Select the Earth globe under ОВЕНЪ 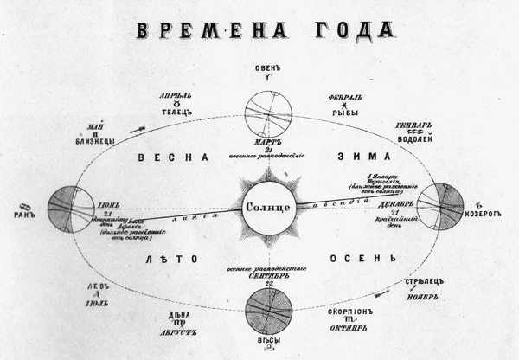pos(269,110)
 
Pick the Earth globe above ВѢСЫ pos(269,311)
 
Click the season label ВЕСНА pos(174,157)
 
